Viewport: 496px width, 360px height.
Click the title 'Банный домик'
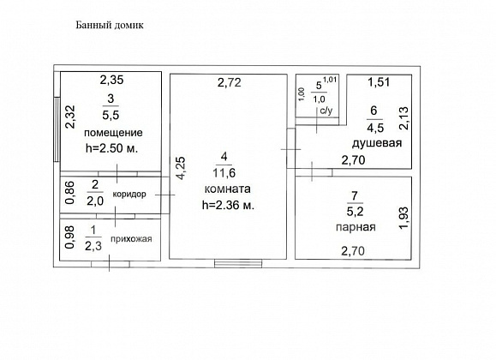click(x=110, y=26)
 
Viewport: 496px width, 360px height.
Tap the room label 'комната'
click(x=227, y=189)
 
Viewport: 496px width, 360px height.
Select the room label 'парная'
click(x=356, y=227)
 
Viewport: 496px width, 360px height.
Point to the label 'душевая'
click(x=377, y=143)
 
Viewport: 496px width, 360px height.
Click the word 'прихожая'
click(x=131, y=239)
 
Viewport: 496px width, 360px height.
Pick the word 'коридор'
click(x=129, y=194)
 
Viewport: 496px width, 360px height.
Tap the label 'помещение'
click(x=113, y=133)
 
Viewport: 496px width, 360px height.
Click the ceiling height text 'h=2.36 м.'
click(x=228, y=206)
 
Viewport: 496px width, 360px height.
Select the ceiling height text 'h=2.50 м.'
click(x=111, y=148)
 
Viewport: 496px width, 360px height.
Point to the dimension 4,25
click(x=181, y=169)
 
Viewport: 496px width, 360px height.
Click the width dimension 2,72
click(x=230, y=82)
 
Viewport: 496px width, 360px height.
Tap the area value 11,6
click(x=224, y=173)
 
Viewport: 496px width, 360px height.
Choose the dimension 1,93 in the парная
click(x=403, y=219)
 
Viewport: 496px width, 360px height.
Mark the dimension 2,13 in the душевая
click(x=403, y=118)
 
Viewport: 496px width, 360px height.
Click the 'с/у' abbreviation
click(x=326, y=111)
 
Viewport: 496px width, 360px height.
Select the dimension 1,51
click(x=379, y=82)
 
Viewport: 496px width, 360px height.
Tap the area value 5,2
click(x=355, y=211)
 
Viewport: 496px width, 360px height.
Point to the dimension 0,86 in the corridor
click(x=69, y=193)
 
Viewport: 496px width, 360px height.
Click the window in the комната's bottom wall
click(x=238, y=263)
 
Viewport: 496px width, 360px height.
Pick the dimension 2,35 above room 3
click(x=111, y=80)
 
